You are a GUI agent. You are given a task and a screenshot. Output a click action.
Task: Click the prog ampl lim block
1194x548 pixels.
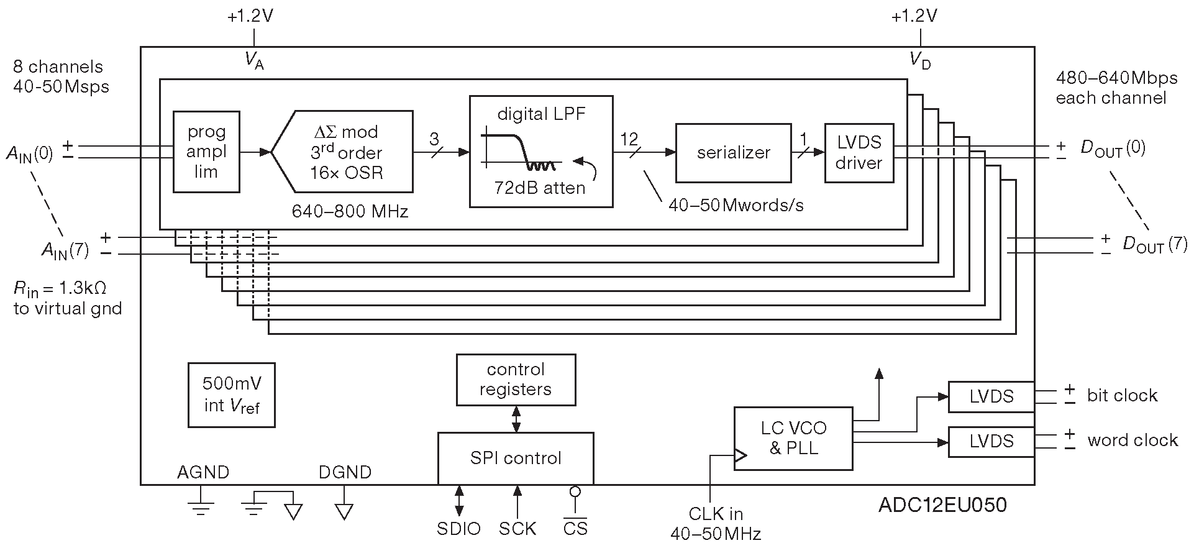(x=206, y=152)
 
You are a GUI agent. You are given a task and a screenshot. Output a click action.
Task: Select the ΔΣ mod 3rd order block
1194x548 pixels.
(x=345, y=152)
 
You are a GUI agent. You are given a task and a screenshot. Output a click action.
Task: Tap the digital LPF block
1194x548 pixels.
(x=541, y=151)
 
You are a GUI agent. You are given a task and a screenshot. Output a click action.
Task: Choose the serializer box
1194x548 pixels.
(x=733, y=153)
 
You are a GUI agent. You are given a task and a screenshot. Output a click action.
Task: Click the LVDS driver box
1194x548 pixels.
(x=859, y=153)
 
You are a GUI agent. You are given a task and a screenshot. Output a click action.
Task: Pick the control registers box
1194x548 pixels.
(x=516, y=380)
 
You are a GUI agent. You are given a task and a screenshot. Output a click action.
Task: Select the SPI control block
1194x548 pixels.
(x=516, y=458)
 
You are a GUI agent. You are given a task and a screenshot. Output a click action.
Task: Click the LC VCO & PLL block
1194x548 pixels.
(x=793, y=438)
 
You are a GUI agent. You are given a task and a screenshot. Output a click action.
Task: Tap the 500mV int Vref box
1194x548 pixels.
(x=232, y=395)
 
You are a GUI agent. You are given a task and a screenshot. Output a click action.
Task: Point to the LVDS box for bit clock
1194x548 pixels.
(x=991, y=396)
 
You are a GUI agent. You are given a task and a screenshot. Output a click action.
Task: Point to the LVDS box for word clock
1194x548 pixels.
(x=991, y=441)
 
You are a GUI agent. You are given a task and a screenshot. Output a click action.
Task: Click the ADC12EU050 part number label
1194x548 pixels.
(x=942, y=505)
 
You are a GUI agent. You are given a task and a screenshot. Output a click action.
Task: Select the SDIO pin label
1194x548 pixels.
(x=458, y=529)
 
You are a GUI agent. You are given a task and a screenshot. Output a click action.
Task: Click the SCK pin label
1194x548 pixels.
(x=517, y=529)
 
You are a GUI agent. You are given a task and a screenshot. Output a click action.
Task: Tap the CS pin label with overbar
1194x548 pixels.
(x=575, y=529)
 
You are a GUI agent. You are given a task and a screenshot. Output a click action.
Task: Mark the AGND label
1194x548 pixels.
(x=203, y=472)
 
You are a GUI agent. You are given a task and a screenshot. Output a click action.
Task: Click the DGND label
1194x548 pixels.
(x=345, y=472)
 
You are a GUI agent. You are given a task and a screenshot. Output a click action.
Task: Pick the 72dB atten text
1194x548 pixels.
(x=539, y=188)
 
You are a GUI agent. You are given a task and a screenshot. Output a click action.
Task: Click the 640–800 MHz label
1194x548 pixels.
(x=350, y=212)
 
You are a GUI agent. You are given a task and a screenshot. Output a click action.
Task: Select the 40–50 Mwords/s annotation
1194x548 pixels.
(x=736, y=205)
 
